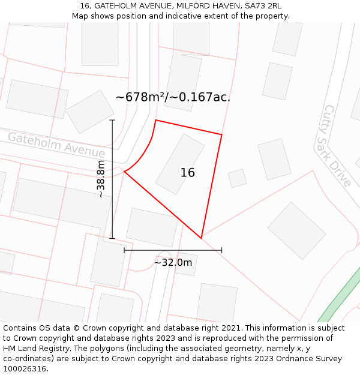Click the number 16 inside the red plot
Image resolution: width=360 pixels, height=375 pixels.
pyautogui.click(x=187, y=173)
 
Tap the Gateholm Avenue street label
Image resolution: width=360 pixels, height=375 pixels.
pyautogui.click(x=56, y=145)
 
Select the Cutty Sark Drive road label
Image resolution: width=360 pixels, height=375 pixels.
pyautogui.click(x=338, y=146)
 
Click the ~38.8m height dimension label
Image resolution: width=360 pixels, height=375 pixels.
pyautogui.click(x=101, y=179)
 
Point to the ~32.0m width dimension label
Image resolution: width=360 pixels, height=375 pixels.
pyautogui.click(x=173, y=262)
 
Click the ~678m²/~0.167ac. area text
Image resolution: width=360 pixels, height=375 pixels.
pyautogui.click(x=173, y=97)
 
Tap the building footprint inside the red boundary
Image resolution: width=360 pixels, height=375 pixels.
pyautogui.click(x=180, y=164)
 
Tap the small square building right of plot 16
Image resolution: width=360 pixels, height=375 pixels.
pyautogui.click(x=237, y=178)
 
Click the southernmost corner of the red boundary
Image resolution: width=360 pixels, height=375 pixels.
pyautogui.click(x=201, y=238)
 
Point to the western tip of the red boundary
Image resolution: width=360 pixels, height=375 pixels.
pyautogui.click(x=124, y=172)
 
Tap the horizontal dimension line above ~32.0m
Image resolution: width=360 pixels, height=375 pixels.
pyautogui.click(x=173, y=250)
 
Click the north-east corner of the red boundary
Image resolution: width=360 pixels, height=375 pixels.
pyautogui.click(x=221, y=134)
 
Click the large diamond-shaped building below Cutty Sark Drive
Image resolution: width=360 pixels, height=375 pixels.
pyautogui.click(x=296, y=230)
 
